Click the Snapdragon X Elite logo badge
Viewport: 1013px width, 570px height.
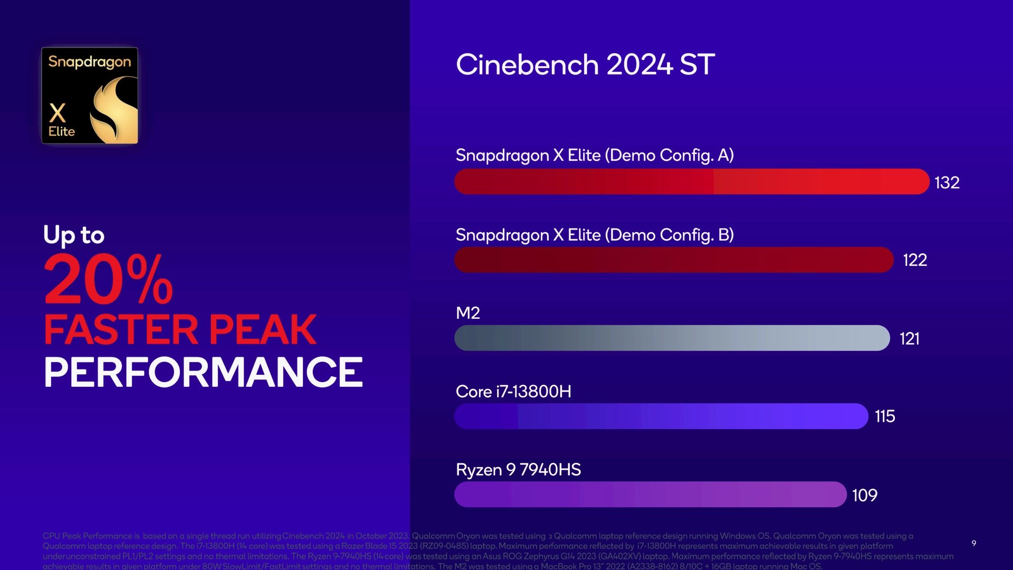pos(90,96)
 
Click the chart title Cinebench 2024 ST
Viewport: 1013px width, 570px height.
pos(585,65)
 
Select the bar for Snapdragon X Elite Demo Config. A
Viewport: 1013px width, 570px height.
pos(691,182)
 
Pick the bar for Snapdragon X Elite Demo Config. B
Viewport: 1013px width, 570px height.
pos(674,260)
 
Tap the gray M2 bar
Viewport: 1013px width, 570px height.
pos(672,338)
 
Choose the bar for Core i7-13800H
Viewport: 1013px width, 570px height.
pos(661,416)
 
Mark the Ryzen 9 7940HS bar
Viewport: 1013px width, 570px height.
pos(650,495)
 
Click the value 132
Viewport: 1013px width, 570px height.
pos(947,183)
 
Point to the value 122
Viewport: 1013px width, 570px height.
pos(915,260)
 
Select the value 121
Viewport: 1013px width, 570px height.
pos(910,338)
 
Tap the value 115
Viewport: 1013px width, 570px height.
pos(885,416)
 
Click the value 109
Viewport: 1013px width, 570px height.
pos(865,495)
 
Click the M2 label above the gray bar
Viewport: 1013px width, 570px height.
pos(467,313)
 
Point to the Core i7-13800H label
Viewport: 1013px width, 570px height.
pos(513,392)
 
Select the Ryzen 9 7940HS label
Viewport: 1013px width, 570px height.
pos(518,470)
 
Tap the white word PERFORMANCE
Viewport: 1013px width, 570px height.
pos(203,372)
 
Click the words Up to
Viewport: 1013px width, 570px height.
pos(74,235)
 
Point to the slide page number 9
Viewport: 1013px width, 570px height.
pos(974,543)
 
